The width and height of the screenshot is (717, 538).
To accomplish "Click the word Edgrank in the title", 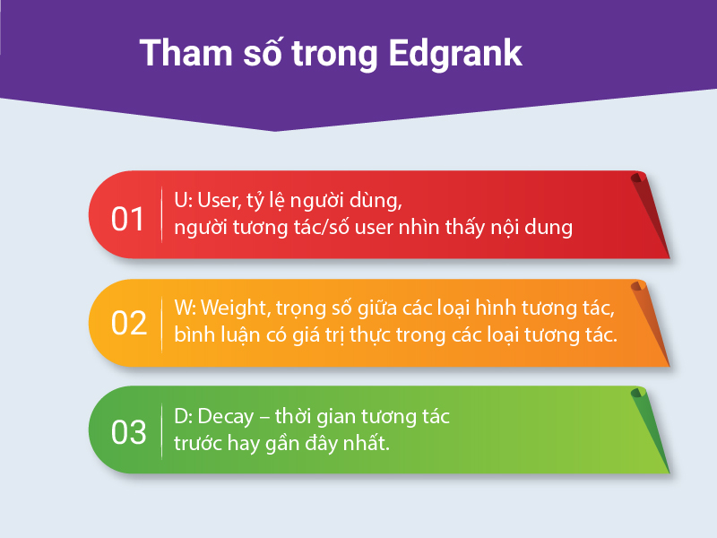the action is point(455,54).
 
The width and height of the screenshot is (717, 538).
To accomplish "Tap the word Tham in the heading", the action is point(186,53).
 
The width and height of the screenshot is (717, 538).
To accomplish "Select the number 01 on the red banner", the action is point(127,219).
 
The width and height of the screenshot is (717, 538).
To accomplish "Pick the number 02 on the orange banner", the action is point(128,323).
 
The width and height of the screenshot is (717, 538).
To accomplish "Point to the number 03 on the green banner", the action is point(128,432).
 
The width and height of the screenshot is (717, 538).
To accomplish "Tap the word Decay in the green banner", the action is point(226,417).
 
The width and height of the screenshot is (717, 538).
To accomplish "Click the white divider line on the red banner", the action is point(162,214).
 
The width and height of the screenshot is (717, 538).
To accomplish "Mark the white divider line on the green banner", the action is point(162,431).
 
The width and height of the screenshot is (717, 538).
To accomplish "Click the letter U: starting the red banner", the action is point(184,200).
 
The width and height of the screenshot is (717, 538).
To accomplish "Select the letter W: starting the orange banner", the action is point(186,308).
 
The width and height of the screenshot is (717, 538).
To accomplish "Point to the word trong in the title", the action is point(334,56).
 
